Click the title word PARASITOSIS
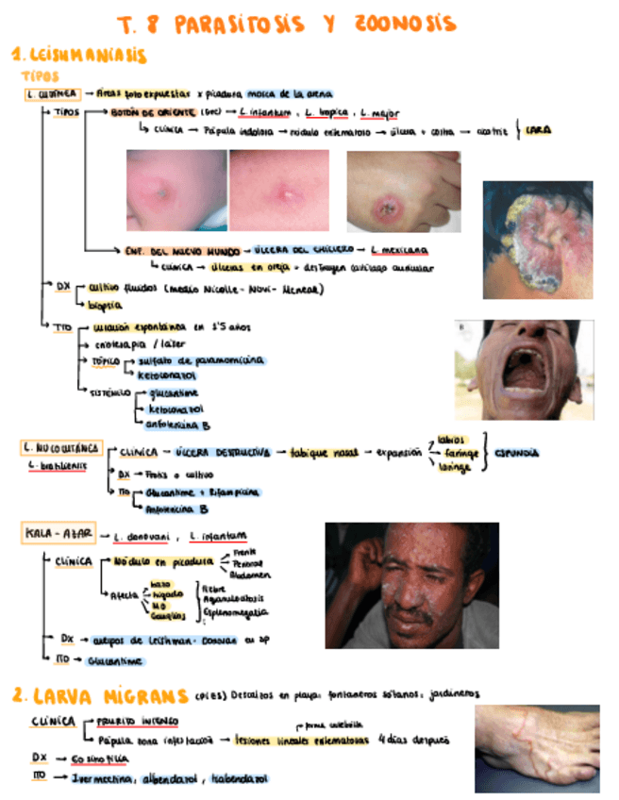coord(244,25)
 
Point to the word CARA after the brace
coord(538,130)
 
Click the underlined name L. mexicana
coord(398,250)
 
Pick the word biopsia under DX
coord(105,306)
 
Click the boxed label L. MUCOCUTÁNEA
coord(58,447)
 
